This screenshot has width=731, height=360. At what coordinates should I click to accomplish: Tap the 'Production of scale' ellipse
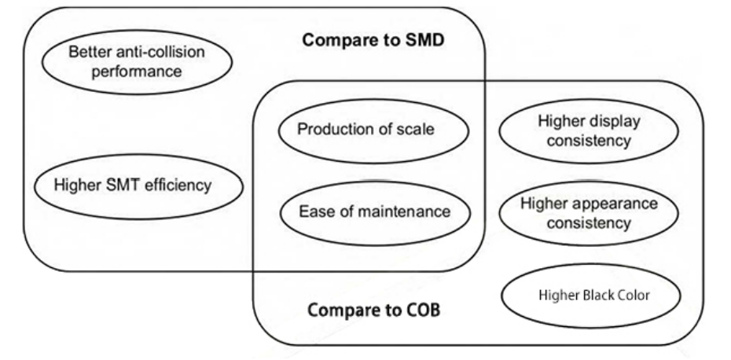pyautogui.click(x=365, y=130)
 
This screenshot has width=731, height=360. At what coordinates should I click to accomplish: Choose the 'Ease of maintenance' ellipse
pyautogui.click(x=365, y=211)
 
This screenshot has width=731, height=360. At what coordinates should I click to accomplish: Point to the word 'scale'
pyautogui.click(x=417, y=130)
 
